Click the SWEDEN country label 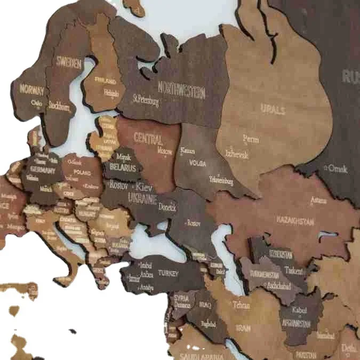coord(69,63)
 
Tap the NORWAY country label coord(31,89)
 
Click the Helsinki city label coord(111,93)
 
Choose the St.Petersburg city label coord(146,99)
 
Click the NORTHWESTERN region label coord(181,89)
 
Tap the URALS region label coord(273,110)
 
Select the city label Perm coord(251,139)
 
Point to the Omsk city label coord(337,169)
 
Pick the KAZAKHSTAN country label coord(295,220)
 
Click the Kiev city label coord(144,187)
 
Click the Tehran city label coord(241,305)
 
